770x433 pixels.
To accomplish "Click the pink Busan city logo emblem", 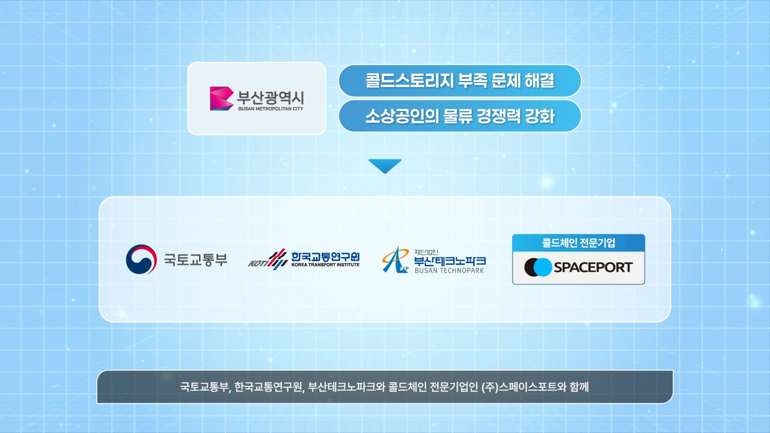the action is click(221, 98).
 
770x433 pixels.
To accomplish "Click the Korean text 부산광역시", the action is click(271, 97).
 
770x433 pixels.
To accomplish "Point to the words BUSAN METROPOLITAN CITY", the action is click(271, 109).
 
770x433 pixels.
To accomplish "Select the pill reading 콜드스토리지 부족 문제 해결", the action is click(460, 81).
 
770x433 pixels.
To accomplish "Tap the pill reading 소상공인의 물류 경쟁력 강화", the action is click(460, 116).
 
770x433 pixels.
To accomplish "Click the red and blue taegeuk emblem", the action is click(141, 259).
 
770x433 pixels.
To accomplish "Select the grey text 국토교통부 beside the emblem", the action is click(195, 260).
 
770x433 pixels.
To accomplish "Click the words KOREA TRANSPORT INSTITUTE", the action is click(325, 265).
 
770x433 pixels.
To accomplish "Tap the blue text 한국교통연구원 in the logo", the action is click(325, 256).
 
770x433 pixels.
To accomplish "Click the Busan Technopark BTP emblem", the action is click(395, 260).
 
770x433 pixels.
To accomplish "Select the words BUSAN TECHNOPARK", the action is click(449, 271).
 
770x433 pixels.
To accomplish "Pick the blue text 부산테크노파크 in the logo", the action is click(450, 261).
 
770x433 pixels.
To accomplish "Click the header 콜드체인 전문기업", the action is click(578, 243).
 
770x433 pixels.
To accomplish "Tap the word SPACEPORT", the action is click(593, 267).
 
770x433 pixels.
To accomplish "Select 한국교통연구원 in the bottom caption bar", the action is click(268, 387).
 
